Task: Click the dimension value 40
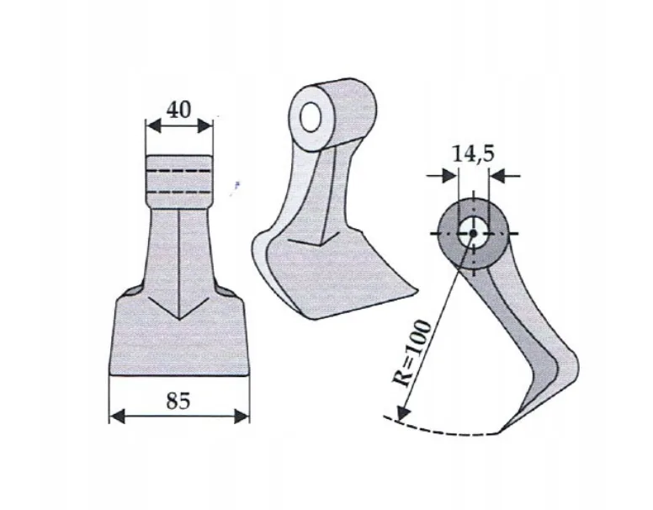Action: click(178, 109)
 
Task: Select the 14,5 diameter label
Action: click(474, 155)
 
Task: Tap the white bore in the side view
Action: click(473, 231)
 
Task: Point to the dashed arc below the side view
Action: click(446, 430)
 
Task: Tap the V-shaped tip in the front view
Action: click(179, 318)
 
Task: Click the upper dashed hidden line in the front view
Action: click(179, 173)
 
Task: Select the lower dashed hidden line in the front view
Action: click(179, 192)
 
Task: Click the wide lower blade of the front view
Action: click(179, 345)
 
